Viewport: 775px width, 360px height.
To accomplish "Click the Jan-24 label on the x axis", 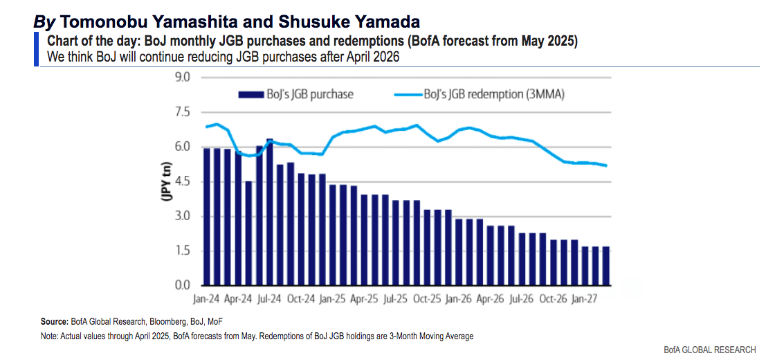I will pyautogui.click(x=207, y=300).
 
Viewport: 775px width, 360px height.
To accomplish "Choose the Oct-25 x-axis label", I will pyautogui.click(x=428, y=300).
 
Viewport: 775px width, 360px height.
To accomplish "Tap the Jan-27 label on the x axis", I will pyautogui.click(x=585, y=300).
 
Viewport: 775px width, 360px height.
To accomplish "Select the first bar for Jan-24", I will pyautogui.click(x=207, y=216).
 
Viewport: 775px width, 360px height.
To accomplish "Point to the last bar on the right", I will pyautogui.click(x=606, y=266).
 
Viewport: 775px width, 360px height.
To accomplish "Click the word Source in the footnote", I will pyautogui.click(x=54, y=322).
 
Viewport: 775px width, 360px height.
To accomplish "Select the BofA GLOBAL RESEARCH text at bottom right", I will pyautogui.click(x=710, y=349).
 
